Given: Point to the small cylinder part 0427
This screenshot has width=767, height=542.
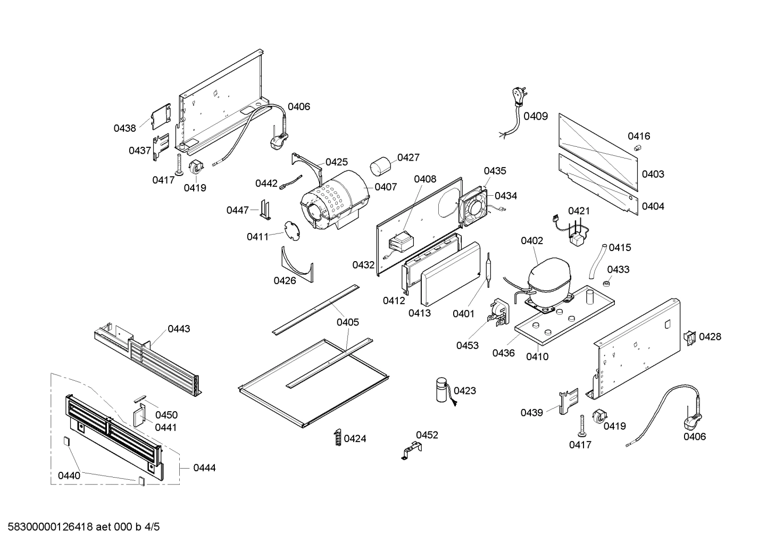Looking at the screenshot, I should point(379,165).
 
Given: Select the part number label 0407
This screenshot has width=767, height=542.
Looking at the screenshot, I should point(386,187).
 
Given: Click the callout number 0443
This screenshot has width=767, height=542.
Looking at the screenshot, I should point(179,329).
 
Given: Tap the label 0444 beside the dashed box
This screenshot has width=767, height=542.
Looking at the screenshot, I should point(204,468).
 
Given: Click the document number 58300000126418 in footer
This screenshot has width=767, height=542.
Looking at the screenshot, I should point(48,527).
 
